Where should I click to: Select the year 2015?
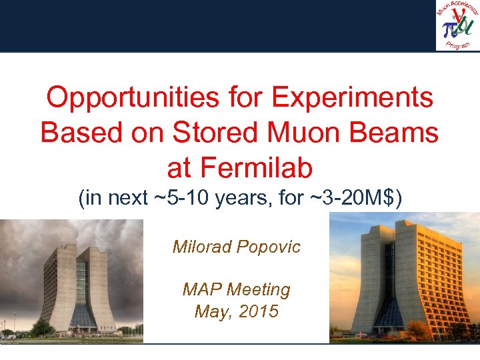click(257, 311)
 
